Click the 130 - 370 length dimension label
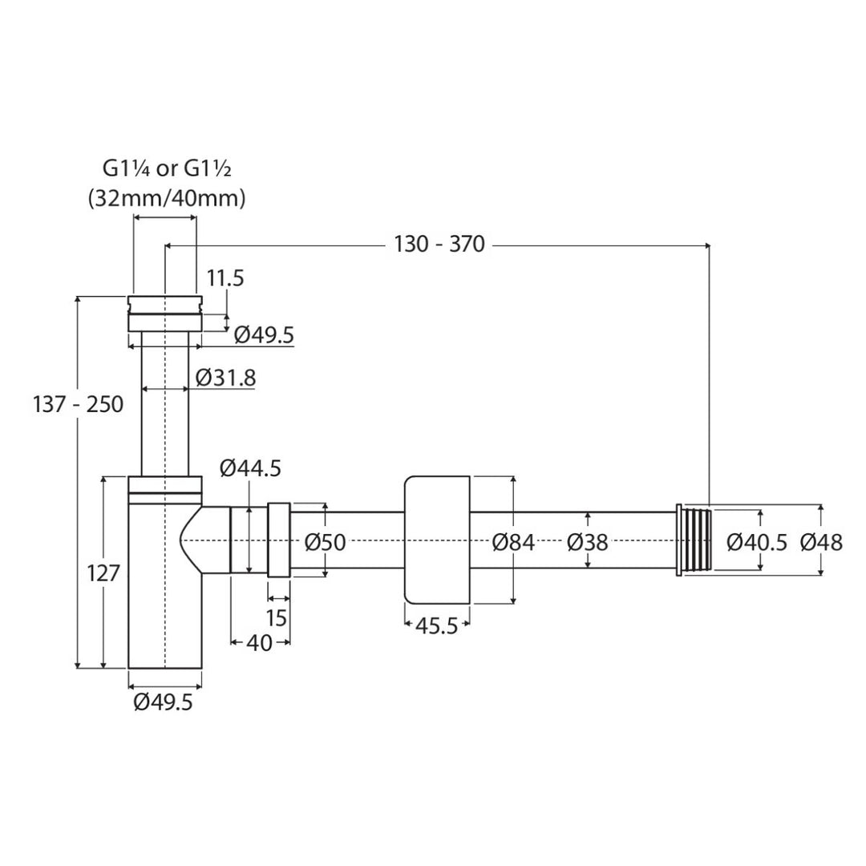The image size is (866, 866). [x=439, y=244]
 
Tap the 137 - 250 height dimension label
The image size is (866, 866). [x=78, y=404]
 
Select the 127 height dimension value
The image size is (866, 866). [x=103, y=573]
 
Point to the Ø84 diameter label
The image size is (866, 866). [x=514, y=542]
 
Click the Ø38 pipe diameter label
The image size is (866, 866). [x=587, y=542]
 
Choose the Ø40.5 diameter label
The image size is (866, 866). [x=757, y=542]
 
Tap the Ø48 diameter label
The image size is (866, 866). [x=822, y=542]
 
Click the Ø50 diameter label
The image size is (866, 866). [x=326, y=542]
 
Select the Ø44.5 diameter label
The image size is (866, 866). [x=250, y=468]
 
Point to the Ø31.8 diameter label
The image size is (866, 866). [x=226, y=378]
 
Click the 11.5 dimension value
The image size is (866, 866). [x=225, y=277]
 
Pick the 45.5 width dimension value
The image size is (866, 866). [x=436, y=626]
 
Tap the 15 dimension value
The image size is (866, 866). [x=276, y=618]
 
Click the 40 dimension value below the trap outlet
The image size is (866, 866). [x=259, y=642]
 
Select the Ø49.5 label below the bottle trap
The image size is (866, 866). [x=163, y=702]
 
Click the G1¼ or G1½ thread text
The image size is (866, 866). [x=167, y=168]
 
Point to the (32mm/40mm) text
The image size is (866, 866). [x=167, y=198]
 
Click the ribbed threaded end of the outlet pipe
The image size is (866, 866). [x=694, y=540]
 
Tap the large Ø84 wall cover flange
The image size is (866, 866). [x=437, y=540]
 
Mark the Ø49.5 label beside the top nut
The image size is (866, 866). [x=264, y=334]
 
